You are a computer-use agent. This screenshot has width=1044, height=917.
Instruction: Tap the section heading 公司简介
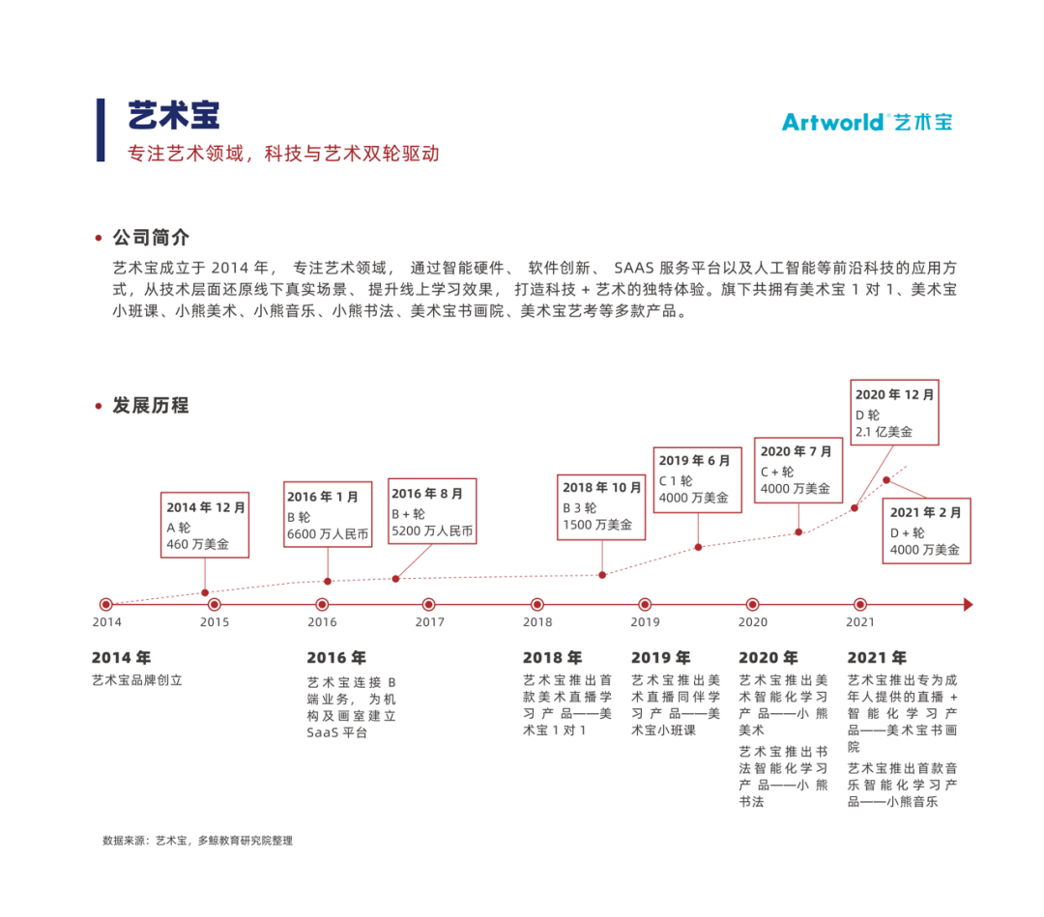click(151, 238)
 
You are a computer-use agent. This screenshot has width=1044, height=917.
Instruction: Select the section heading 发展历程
click(151, 405)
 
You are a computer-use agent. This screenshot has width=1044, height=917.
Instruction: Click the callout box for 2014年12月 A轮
click(205, 525)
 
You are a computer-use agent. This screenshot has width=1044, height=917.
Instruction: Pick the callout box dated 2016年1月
click(328, 514)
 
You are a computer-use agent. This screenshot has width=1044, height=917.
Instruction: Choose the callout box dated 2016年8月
click(432, 511)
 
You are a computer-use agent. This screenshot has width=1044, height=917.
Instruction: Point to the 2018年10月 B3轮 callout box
click(602, 506)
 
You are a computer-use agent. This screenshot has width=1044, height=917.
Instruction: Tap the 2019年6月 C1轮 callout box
click(699, 479)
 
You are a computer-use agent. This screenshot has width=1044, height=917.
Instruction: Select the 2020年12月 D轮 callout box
click(894, 413)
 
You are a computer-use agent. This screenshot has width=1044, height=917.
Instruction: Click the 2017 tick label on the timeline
click(430, 622)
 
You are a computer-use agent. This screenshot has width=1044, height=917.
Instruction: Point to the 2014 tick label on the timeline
click(106, 622)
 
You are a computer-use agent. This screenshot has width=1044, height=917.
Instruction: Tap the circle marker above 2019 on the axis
click(646, 605)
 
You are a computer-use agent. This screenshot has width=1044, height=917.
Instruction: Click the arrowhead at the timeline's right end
click(968, 605)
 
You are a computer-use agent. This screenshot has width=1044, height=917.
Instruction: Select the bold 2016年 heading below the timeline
click(336, 658)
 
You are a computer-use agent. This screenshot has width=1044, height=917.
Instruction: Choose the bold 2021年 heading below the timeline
click(877, 658)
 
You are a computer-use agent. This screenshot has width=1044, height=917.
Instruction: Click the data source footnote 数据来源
click(197, 841)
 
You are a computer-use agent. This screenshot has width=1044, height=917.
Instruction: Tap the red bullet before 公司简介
click(99, 238)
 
